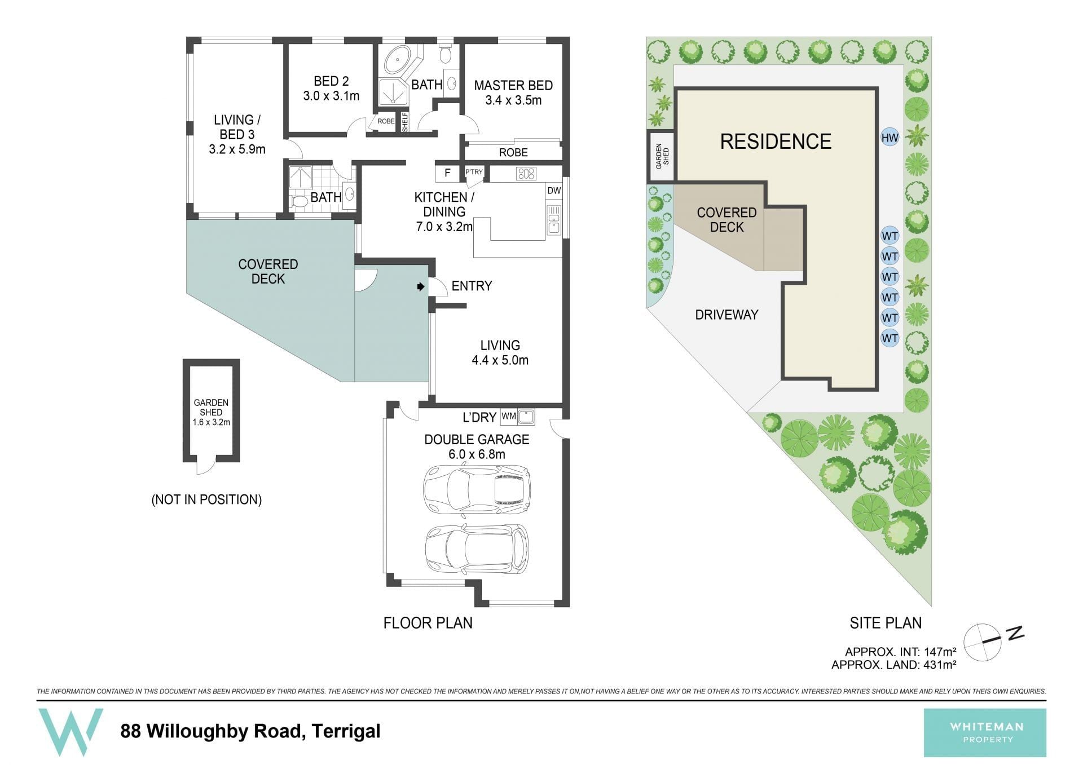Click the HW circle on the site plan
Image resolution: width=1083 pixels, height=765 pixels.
pos(890,138)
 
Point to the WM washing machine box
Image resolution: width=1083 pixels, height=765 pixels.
pos(509,417)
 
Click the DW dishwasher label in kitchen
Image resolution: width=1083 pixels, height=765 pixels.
pos(554,191)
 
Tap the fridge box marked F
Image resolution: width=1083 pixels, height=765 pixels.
pos(447,173)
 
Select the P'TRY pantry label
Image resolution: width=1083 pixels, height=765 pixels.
pos(474,172)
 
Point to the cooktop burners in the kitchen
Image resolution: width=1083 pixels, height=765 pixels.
pos(526,174)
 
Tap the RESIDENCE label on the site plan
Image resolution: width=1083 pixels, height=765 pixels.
pos(776,141)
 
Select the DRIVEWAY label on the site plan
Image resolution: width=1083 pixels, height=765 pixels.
pos(727,315)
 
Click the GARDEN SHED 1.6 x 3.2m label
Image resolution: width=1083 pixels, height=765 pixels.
pos(211,412)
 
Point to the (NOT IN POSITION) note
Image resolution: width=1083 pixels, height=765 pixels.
pos(206,499)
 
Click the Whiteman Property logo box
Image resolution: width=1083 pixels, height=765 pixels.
pos(985,733)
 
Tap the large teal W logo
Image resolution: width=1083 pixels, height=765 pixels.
pos(71,732)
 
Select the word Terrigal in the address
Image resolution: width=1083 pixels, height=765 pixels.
pos(346,732)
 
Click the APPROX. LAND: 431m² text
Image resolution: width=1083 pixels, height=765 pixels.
pos(893,665)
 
